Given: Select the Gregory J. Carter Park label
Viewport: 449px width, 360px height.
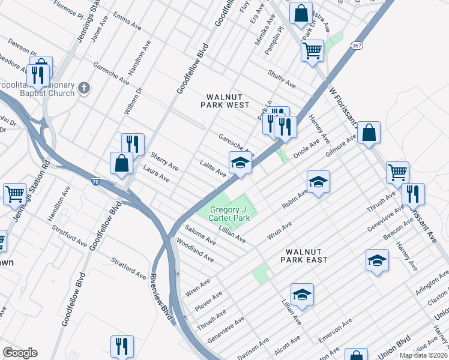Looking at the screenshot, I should tap(230, 214).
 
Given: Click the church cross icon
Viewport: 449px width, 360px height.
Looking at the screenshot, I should tap(84, 88).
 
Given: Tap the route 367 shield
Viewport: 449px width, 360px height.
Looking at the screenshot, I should tap(357, 46).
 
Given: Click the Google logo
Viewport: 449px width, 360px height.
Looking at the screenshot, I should tap(20, 352).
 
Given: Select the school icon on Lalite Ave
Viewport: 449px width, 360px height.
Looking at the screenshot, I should tap(240, 163).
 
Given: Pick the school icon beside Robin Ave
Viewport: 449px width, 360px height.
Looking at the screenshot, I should tap(318, 181).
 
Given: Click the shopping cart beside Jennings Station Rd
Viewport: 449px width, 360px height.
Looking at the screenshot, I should tap(14, 194).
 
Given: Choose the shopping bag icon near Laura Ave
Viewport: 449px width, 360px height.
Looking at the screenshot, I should tap(121, 163).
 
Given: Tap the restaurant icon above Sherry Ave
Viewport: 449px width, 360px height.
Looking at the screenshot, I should tap(133, 144).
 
